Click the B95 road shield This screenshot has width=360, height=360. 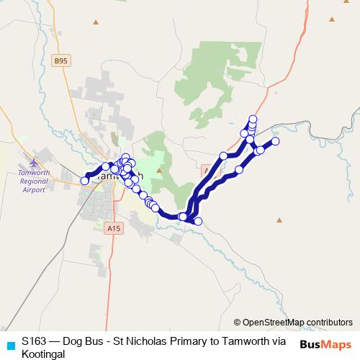pos(60,63)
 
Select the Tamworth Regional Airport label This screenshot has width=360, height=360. pos(34,181)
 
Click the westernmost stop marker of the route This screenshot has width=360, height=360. pos(85,181)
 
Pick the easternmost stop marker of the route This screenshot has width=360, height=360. pos(274,141)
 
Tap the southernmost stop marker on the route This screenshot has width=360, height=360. pos(198,221)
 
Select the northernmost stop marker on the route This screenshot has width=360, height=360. pos(253,119)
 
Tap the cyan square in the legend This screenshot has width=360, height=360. pos(9,345)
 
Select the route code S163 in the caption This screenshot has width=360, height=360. pos(34,341)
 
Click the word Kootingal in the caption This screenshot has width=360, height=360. pos(43,354)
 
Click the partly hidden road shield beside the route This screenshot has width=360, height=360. pos(207,171)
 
